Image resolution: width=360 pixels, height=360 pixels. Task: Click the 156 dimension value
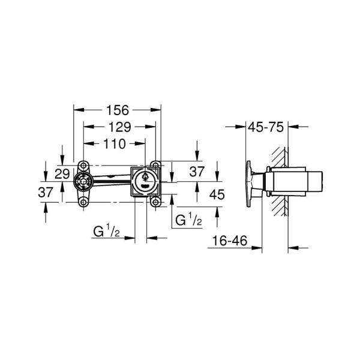(117, 110)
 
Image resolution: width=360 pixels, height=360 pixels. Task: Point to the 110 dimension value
(113, 143)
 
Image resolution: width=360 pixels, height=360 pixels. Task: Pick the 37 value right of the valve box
(197, 172)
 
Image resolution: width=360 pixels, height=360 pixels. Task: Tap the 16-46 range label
(231, 241)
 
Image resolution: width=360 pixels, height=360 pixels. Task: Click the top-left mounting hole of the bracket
(82, 165)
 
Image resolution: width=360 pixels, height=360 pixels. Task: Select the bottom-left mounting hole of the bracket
(82, 202)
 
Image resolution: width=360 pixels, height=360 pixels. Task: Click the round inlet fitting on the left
(82, 182)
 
